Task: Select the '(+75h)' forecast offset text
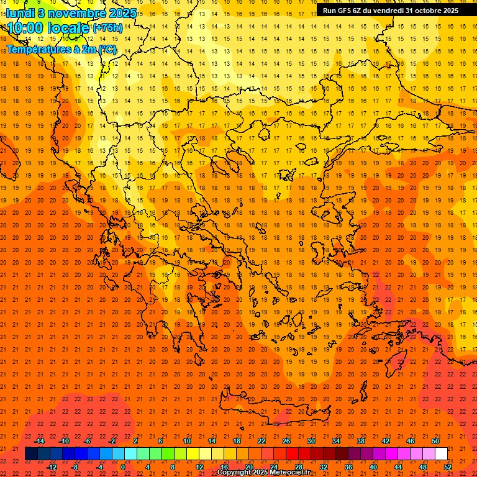click(x=107, y=28)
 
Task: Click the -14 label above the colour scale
click(x=40, y=441)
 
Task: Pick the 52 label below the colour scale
click(x=448, y=467)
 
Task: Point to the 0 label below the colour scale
click(x=123, y=467)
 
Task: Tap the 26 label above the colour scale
click(x=286, y=441)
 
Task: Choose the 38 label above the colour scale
click(x=361, y=441)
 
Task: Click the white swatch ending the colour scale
click(x=442, y=454)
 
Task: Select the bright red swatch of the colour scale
click(x=293, y=454)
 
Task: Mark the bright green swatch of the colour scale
click(x=168, y=454)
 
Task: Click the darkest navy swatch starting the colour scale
click(x=32, y=454)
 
